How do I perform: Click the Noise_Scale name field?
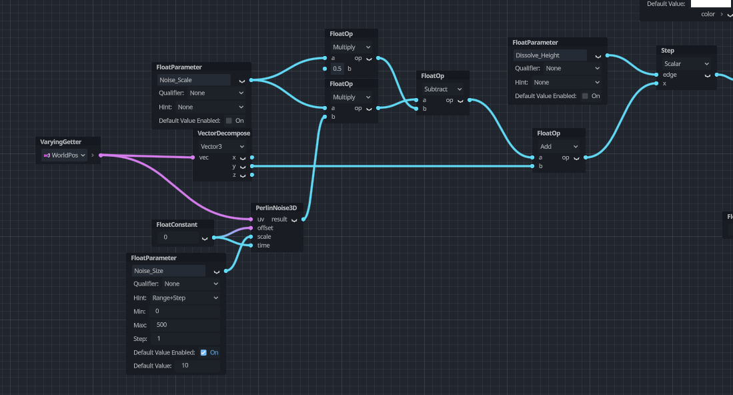click(193, 80)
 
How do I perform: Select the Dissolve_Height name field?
click(550, 55)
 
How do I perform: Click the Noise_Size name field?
click(169, 271)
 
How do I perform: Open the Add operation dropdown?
click(559, 146)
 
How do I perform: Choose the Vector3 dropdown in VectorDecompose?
click(222, 146)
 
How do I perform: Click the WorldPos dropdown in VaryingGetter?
click(65, 155)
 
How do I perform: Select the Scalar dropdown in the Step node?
click(686, 63)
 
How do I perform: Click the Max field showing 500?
click(186, 325)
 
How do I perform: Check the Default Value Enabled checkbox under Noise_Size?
click(203, 352)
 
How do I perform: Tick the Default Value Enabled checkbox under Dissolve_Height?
click(585, 96)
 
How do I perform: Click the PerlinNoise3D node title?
click(276, 208)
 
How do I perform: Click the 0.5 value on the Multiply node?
click(337, 69)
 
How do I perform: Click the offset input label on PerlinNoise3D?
click(265, 228)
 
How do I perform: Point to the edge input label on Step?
click(670, 75)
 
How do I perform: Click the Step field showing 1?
click(186, 339)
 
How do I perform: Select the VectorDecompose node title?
click(223, 133)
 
